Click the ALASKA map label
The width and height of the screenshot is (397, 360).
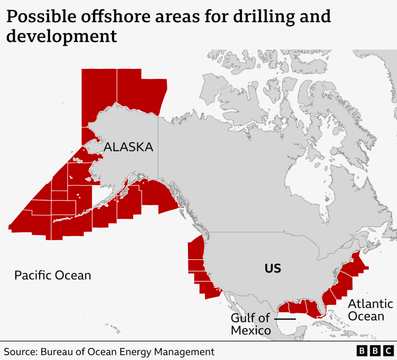click(x=129, y=147)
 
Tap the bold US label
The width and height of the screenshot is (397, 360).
click(x=273, y=269)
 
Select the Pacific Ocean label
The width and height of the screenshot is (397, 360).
click(x=52, y=275)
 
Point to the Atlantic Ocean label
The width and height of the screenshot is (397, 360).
click(x=370, y=310)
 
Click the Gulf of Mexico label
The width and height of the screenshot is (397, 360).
click(x=251, y=324)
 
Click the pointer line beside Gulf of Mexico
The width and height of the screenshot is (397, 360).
click(x=285, y=319)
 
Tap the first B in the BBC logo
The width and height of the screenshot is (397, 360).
click(x=362, y=351)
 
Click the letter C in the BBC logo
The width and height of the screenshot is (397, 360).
click(x=387, y=351)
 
